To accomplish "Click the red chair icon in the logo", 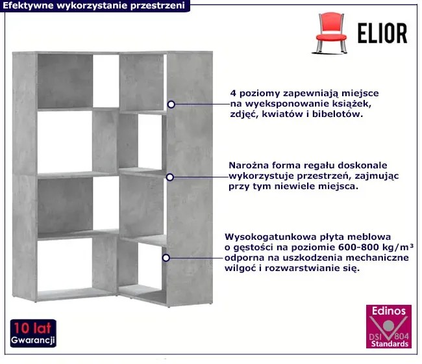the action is pos(330,32).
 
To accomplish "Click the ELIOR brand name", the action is pos(382,33).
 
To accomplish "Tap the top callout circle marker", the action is pos(171,104).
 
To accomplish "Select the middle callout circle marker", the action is pos(170,177).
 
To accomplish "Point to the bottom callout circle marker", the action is pos(166,258).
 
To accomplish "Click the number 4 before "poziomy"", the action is pos(233,93).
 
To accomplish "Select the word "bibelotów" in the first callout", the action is pos(338,114).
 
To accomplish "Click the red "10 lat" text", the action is pos(32,328).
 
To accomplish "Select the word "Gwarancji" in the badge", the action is pos(33,341).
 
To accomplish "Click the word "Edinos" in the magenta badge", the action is pos(389,311).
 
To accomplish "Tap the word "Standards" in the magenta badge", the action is pos(390,344).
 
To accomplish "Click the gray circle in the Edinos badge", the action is pos(388,326).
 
